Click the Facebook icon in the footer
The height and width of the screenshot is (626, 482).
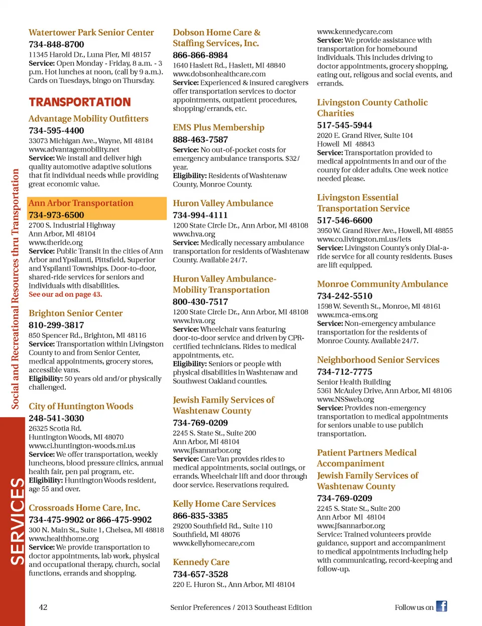point(441,606)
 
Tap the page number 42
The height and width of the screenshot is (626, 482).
point(43,607)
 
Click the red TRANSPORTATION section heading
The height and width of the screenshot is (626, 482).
point(80,102)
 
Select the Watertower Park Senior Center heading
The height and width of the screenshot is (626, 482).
point(91,33)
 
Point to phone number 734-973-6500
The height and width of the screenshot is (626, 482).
point(56,215)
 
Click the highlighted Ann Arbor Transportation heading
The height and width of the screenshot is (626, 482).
point(81,203)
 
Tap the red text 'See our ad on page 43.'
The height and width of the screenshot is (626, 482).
point(65,295)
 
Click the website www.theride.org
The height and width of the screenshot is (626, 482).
point(56,242)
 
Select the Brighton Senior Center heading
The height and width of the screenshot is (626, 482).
point(75,313)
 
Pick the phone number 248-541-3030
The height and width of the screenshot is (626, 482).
point(56,418)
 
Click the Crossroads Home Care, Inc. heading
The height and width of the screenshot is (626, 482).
point(84,508)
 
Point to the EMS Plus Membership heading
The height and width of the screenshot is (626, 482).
point(218,128)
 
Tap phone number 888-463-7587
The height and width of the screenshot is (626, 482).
point(200,139)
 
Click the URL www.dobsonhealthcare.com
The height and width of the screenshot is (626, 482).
point(219,74)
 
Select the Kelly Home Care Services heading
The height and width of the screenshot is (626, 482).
point(224,504)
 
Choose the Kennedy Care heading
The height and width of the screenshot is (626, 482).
point(201,562)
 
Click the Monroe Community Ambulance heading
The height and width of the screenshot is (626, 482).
point(382,284)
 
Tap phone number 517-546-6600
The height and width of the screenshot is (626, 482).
point(344,220)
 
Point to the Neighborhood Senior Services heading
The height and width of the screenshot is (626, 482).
point(378,360)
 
